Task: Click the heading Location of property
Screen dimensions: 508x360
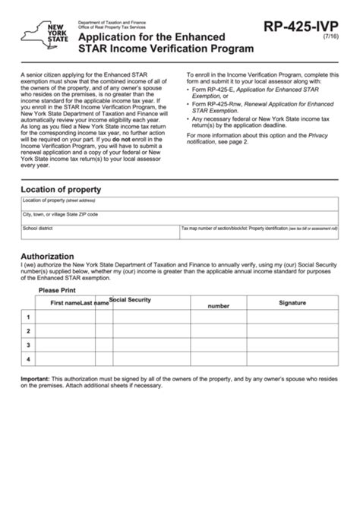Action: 61,189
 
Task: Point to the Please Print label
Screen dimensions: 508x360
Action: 61,289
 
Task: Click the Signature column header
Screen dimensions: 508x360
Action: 292,302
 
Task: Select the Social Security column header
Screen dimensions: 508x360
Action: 130,300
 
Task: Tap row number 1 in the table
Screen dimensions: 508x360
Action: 28,317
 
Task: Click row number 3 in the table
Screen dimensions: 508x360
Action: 28,345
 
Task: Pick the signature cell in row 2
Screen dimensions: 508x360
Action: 292,331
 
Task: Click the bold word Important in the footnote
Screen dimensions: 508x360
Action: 35,378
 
